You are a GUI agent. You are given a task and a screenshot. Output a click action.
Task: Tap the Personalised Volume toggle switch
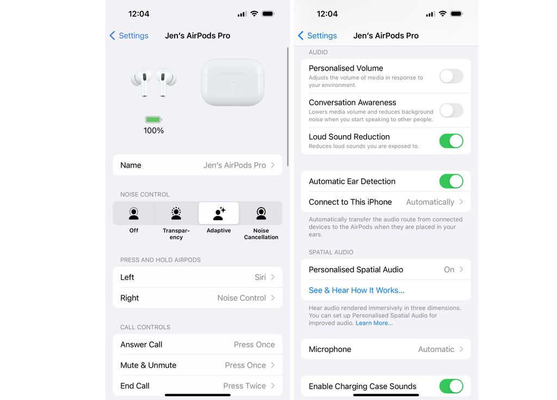(x=451, y=76)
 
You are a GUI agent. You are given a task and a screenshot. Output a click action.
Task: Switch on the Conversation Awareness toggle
(x=451, y=110)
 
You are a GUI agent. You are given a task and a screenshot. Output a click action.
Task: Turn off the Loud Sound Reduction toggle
(x=451, y=141)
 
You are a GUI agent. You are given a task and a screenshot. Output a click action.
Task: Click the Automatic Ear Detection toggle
(x=451, y=181)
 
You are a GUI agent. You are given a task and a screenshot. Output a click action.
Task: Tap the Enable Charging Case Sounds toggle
(x=451, y=386)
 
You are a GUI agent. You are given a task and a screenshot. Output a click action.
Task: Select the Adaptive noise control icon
(x=219, y=214)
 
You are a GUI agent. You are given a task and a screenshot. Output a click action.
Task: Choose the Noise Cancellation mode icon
(x=261, y=214)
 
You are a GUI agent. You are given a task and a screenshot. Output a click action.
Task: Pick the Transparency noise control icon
(x=176, y=214)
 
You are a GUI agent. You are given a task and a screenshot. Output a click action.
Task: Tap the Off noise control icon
(x=134, y=214)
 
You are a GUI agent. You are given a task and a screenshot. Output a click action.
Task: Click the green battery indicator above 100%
(x=153, y=120)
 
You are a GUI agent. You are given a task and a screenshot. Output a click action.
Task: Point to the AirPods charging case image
(x=232, y=83)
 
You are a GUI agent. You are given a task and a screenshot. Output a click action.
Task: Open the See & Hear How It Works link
(x=356, y=290)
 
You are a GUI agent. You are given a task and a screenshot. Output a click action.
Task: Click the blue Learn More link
(x=374, y=323)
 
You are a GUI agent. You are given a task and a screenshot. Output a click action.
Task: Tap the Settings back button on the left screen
(x=129, y=36)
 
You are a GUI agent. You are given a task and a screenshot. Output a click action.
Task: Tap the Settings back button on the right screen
(x=317, y=36)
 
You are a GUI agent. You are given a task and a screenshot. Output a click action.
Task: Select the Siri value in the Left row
(x=261, y=277)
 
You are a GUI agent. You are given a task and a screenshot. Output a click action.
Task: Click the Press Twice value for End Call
(x=244, y=386)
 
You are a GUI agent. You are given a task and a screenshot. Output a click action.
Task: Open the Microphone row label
(x=330, y=349)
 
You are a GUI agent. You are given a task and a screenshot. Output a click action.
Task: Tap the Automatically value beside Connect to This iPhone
(x=430, y=202)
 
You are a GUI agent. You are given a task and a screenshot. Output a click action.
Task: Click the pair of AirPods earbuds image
(x=153, y=83)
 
